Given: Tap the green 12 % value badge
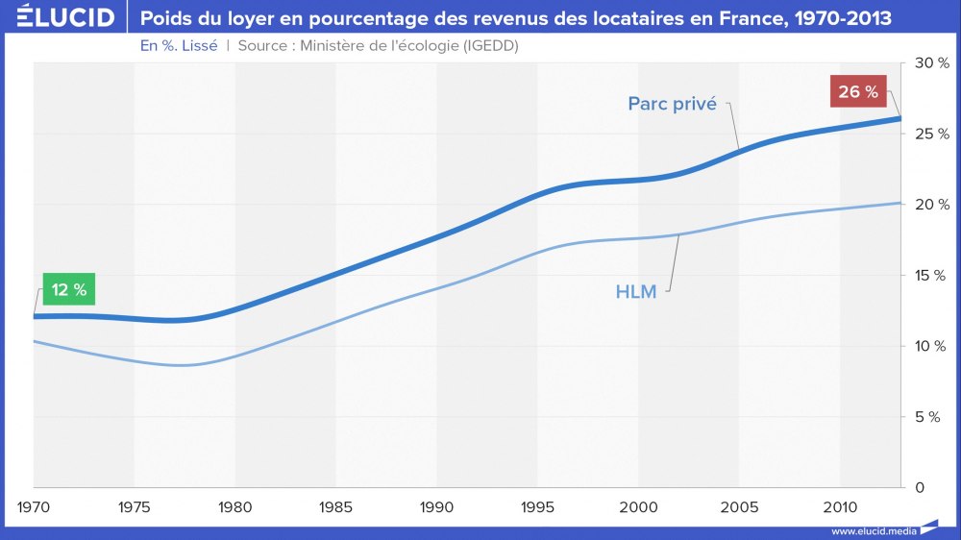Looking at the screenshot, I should tap(69, 289).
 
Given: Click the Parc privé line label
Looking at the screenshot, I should tap(673, 104).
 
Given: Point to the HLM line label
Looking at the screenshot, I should tap(636, 291).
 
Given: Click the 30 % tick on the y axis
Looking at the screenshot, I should tap(931, 62).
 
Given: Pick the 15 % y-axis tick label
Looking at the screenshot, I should tap(931, 276).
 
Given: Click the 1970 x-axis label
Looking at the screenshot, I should tap(35, 506).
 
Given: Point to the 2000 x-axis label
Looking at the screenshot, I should tap(638, 506).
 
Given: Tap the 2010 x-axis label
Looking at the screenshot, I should tap(840, 506).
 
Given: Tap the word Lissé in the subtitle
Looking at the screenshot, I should tap(196, 46).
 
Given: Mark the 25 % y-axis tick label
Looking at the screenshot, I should tap(931, 134).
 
